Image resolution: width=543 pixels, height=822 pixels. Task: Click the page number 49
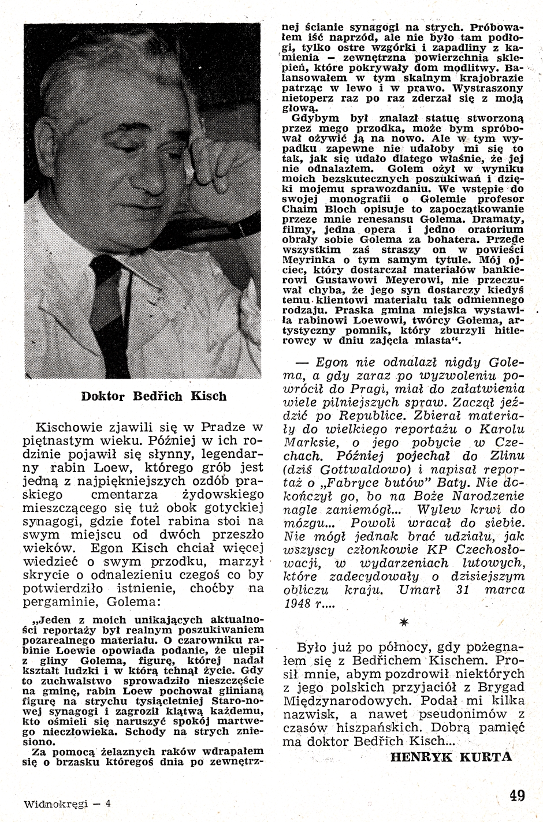point(516,797)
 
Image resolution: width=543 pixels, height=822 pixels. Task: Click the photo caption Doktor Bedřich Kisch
point(154,397)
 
